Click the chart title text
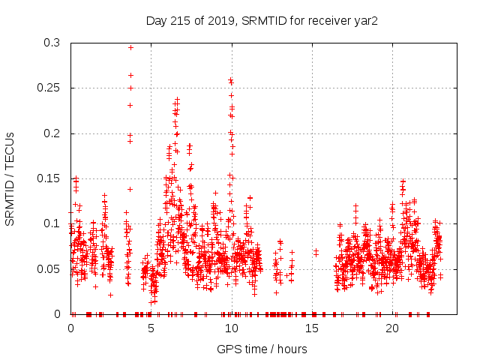(x=260, y=20)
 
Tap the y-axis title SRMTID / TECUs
(x=10, y=178)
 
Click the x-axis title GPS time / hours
(x=262, y=349)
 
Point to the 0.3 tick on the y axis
(x=53, y=43)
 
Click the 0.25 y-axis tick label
(x=50, y=88)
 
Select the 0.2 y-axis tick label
(x=53, y=133)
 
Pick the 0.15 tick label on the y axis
(x=50, y=178)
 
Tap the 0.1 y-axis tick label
(x=53, y=223)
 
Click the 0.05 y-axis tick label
(x=50, y=268)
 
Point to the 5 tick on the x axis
(x=151, y=328)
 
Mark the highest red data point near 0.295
(x=130, y=47)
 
